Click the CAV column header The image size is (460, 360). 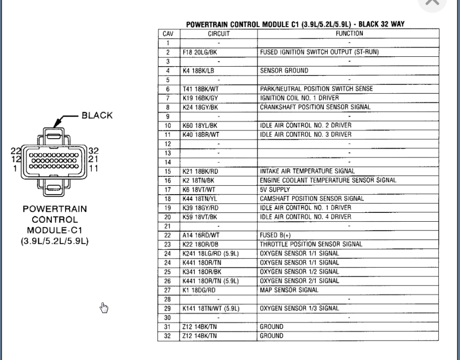[x=168, y=34]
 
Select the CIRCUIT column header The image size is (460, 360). [x=219, y=34]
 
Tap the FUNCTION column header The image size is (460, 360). [x=349, y=34]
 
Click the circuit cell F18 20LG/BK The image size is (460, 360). [x=199, y=52]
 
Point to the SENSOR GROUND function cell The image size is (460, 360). [x=284, y=71]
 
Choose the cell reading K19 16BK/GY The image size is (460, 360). [x=200, y=98]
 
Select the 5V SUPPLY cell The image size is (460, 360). [x=275, y=190]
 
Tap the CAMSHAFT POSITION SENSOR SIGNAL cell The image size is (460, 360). [x=312, y=199]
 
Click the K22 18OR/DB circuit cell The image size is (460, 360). [x=200, y=244]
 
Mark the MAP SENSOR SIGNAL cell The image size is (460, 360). [x=289, y=290]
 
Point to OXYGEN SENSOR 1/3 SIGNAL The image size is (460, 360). [x=299, y=309]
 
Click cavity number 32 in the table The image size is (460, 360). [x=168, y=336]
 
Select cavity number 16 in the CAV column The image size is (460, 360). [x=168, y=181]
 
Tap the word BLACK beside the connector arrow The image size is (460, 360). [x=97, y=116]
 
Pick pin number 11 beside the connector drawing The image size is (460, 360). [x=93, y=168]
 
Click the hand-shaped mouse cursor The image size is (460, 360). [x=104, y=308]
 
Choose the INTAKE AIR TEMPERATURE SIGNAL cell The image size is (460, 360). [x=307, y=171]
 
